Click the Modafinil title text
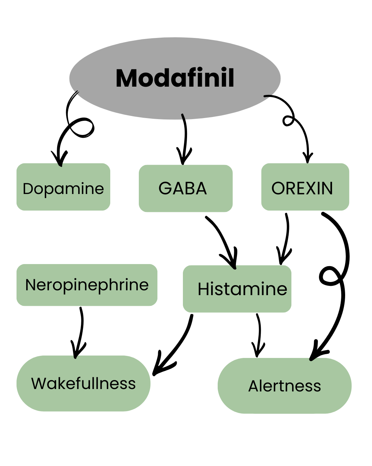click(175, 78)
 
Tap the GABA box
click(185, 188)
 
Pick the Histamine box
click(237, 289)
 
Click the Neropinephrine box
click(87, 285)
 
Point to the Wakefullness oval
click(83, 383)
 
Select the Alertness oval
click(285, 386)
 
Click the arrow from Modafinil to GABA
click(185, 138)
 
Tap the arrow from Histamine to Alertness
click(259, 335)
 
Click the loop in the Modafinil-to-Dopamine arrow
click(82, 128)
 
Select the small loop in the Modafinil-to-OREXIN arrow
click(288, 120)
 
